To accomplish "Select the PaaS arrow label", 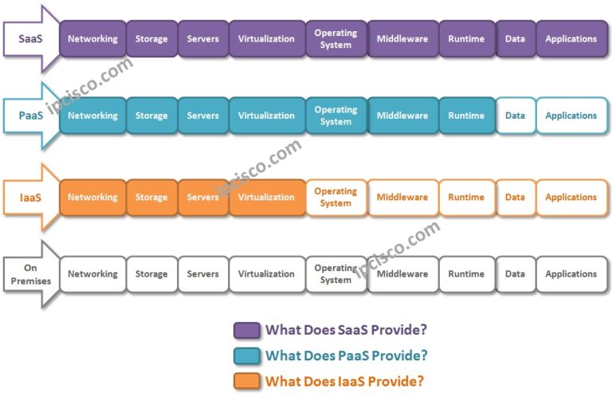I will coord(30,116).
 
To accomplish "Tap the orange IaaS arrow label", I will coord(30,197).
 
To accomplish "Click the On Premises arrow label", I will coord(30,274).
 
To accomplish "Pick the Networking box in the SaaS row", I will coord(92,39).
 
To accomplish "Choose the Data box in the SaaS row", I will coord(515,39).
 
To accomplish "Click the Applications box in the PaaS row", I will coord(571,116).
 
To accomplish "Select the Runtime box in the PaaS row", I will coord(466,116).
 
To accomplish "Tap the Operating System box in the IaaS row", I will coord(335,197).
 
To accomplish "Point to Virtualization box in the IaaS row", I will coord(266,197).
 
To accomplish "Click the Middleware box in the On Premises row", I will coord(402,274).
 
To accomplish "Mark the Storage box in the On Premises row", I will coord(151,274).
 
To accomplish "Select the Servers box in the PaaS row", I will coord(202,116).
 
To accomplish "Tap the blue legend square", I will coord(246,356).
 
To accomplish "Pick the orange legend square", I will coord(246,381).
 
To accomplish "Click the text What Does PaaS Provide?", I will coord(346,356).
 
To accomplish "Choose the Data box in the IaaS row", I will coord(515,197).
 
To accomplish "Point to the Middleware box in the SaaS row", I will coord(402,39).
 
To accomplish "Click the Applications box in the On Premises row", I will coord(571,274).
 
